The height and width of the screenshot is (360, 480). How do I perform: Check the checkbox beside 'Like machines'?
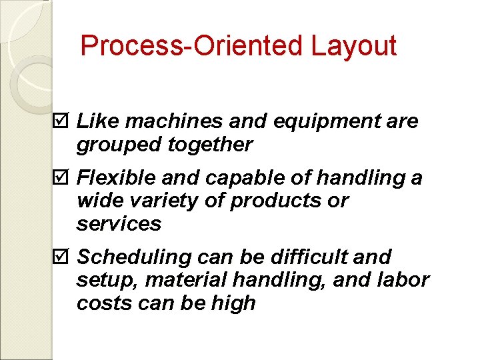pyautogui.click(x=62, y=121)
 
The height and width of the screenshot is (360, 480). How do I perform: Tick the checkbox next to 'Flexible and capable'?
pyautogui.click(x=62, y=179)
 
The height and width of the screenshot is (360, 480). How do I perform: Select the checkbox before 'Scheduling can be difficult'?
pyautogui.click(x=62, y=257)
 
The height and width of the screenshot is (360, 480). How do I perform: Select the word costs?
pyautogui.click(x=100, y=303)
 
